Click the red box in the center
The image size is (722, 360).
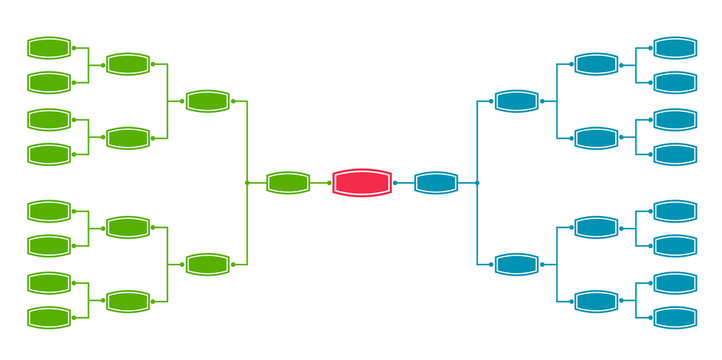tap(362, 183)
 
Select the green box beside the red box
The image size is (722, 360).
tap(288, 183)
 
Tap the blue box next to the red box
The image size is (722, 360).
tap(436, 183)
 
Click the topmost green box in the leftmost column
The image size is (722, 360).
tap(49, 47)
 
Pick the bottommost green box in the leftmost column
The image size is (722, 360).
tap(49, 318)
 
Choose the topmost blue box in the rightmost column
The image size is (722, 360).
tap(674, 47)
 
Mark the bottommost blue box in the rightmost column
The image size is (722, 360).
tap(674, 318)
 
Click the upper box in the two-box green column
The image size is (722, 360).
tap(208, 101)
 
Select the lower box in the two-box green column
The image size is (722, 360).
tap(208, 264)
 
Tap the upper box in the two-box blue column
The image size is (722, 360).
tap(517, 101)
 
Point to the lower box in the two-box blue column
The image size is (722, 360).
tap(517, 264)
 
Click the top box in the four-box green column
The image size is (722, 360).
tap(128, 65)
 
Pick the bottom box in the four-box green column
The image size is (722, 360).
tap(128, 301)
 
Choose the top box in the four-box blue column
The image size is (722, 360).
tap(596, 65)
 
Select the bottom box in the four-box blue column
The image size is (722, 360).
tap(596, 301)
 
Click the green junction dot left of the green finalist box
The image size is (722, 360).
tap(247, 183)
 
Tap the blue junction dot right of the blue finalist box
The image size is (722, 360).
tap(477, 183)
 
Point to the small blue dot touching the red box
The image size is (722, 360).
tap(395, 183)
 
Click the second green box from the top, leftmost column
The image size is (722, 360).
tap(49, 82)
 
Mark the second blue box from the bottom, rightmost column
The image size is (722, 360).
tap(674, 282)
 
